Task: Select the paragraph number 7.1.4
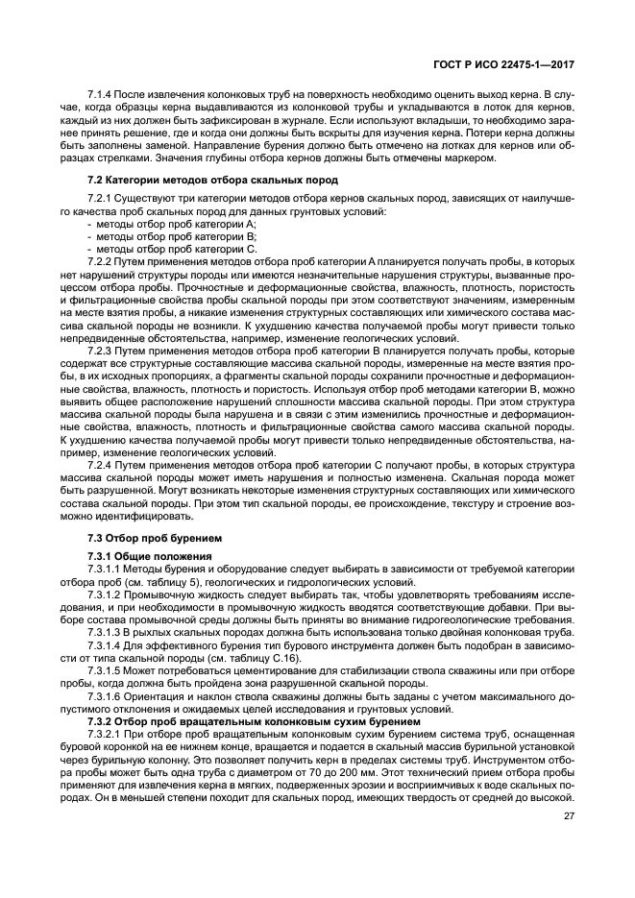[x=99, y=93]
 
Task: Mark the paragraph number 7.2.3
[x=99, y=352]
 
